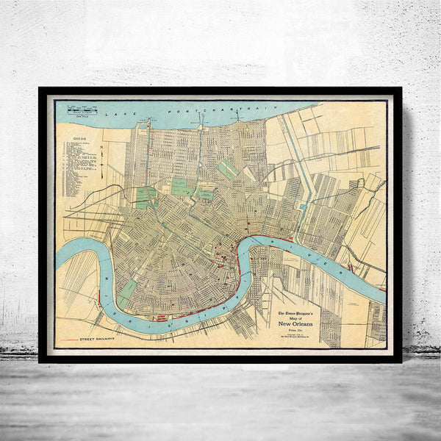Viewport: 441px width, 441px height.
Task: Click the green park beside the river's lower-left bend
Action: tap(128, 290)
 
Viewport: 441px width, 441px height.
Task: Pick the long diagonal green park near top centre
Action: tap(228, 168)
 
